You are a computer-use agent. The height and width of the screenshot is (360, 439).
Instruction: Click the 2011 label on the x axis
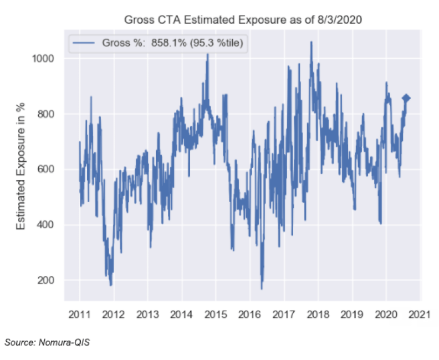coord(80,315)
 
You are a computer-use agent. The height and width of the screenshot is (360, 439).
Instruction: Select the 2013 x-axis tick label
coord(148,315)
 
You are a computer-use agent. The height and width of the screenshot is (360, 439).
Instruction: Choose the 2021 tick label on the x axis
coord(420,315)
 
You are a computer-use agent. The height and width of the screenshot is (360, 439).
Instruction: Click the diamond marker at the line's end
coord(406,98)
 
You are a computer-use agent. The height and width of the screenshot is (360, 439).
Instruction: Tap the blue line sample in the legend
coord(84,43)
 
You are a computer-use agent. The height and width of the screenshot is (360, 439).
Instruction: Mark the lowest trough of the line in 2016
coord(262,288)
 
